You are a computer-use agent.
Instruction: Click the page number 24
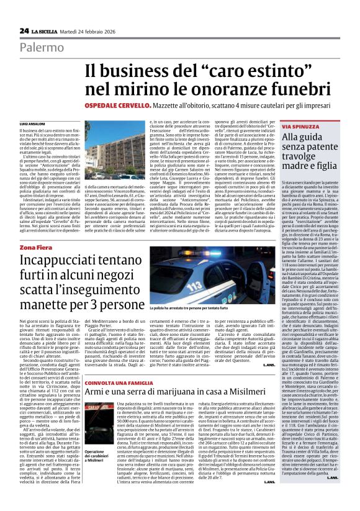24,30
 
